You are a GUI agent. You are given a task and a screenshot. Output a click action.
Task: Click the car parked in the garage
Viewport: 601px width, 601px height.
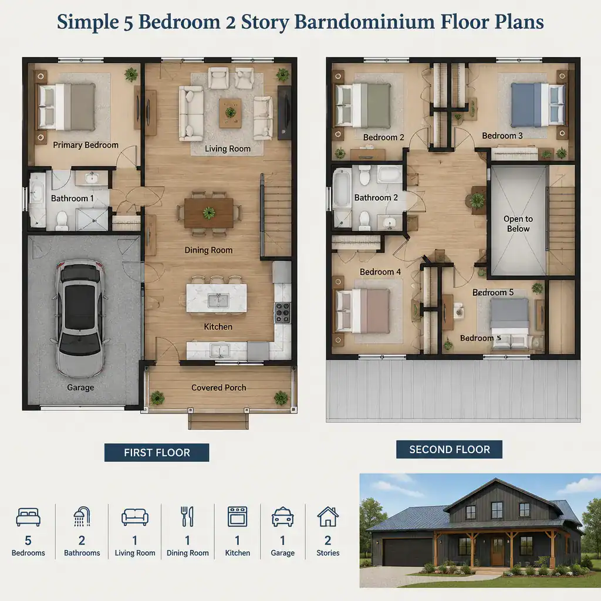(80, 318)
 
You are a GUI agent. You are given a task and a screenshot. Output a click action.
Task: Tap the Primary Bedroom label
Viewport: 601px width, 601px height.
(86, 145)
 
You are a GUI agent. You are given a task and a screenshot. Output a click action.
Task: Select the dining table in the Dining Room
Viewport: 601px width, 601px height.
(209, 212)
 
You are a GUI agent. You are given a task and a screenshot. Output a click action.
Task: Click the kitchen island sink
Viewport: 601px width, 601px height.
(218, 300)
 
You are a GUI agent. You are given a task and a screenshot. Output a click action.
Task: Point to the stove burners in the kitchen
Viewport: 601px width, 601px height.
(283, 312)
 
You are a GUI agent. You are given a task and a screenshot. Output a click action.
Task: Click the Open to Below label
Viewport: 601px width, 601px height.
(518, 224)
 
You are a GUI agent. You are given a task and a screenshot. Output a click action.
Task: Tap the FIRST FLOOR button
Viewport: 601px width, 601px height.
(157, 453)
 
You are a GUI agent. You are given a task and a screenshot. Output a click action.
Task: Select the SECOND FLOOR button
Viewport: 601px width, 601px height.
(449, 449)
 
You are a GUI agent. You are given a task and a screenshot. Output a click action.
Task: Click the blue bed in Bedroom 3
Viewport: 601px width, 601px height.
(538, 104)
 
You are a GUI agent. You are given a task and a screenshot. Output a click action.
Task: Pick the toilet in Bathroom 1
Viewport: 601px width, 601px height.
(61, 221)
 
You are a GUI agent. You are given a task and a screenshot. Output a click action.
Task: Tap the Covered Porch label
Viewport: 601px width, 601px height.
(218, 387)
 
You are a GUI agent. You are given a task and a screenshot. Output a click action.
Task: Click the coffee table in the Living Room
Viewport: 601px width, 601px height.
(230, 113)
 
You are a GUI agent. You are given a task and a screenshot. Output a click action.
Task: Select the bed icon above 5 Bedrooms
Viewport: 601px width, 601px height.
(28, 517)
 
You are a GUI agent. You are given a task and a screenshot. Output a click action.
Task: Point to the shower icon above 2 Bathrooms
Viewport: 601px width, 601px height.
(82, 516)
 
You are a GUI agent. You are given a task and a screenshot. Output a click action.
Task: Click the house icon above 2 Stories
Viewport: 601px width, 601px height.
(327, 516)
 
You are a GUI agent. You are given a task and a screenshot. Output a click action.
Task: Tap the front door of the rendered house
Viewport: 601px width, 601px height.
(498, 552)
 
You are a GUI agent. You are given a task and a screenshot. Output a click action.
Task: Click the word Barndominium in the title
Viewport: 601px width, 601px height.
(364, 22)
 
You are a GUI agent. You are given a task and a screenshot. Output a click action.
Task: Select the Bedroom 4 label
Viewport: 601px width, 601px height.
(380, 272)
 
